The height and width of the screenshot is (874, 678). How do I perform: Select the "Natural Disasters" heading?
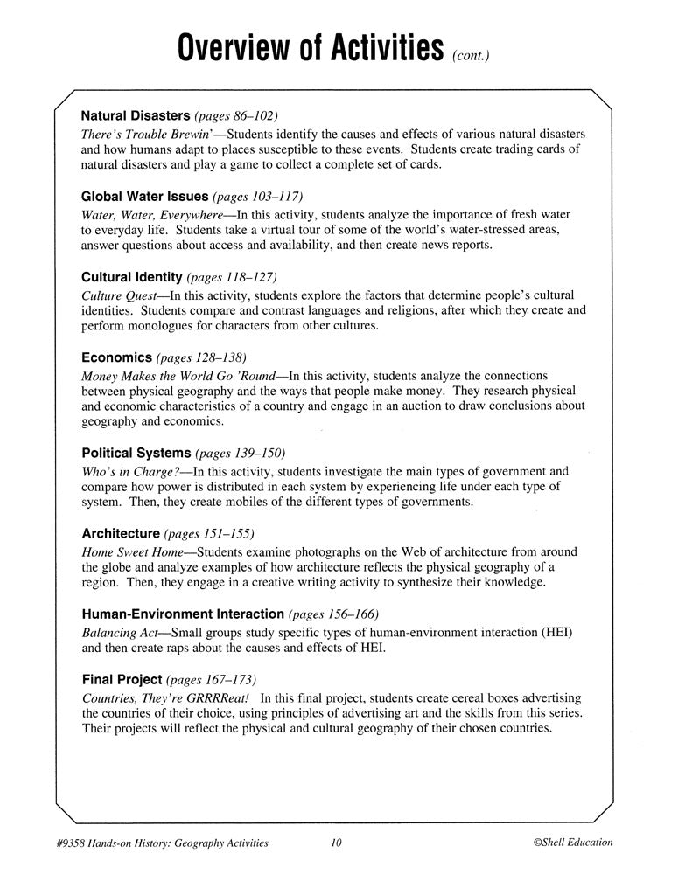136,115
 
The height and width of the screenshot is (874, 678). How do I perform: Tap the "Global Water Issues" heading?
144,197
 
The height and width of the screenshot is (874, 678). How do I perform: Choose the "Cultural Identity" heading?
132,277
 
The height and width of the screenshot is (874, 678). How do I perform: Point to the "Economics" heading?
116,357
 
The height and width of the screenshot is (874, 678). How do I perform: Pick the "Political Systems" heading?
136,453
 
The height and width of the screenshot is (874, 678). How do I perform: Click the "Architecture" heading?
121,533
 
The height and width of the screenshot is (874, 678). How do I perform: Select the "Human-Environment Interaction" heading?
182,614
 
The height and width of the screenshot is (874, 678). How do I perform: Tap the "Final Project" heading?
122,679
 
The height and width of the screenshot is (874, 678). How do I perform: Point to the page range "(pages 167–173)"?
212,679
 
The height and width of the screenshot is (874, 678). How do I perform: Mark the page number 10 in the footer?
337,843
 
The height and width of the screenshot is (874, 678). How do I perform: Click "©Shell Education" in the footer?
572,843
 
